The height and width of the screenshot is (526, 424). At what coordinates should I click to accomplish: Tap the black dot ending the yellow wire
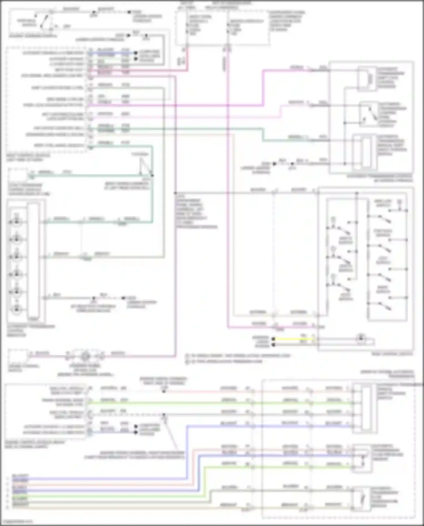click(273, 339)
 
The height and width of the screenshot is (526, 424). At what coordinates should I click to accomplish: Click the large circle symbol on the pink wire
click(85, 356)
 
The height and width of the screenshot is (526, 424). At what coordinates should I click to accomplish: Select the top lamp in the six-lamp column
click(16, 222)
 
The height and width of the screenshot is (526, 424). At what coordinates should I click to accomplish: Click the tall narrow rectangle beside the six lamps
click(33, 261)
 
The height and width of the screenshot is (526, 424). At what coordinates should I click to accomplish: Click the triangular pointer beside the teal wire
click(146, 167)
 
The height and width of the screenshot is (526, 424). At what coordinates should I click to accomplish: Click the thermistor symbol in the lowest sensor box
click(364, 499)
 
